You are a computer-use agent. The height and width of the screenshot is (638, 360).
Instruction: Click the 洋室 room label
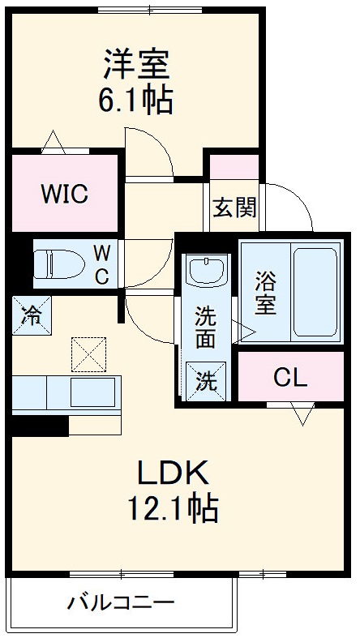coord(136,64)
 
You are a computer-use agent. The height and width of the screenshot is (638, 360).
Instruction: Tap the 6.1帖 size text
coord(135,99)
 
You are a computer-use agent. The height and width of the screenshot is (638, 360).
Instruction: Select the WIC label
coord(64,194)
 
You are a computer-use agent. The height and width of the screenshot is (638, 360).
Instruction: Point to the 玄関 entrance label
coord(234,208)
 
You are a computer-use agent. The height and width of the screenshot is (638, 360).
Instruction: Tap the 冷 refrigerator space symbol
coord(32,315)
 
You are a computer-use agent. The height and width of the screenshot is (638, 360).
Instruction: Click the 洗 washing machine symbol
coord(206,381)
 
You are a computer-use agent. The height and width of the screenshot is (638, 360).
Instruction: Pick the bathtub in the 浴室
coord(315,292)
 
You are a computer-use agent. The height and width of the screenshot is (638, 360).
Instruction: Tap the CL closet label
coord(290,379)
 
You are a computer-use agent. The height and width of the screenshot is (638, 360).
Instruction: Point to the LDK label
coord(174,473)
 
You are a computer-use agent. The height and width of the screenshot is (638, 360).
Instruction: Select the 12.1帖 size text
coord(173,508)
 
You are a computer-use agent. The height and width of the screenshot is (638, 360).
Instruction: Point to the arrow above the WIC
coord(54,142)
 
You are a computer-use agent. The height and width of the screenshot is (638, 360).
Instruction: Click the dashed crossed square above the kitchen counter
coord(88,354)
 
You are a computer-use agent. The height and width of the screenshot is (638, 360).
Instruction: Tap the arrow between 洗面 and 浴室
coord(244,332)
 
